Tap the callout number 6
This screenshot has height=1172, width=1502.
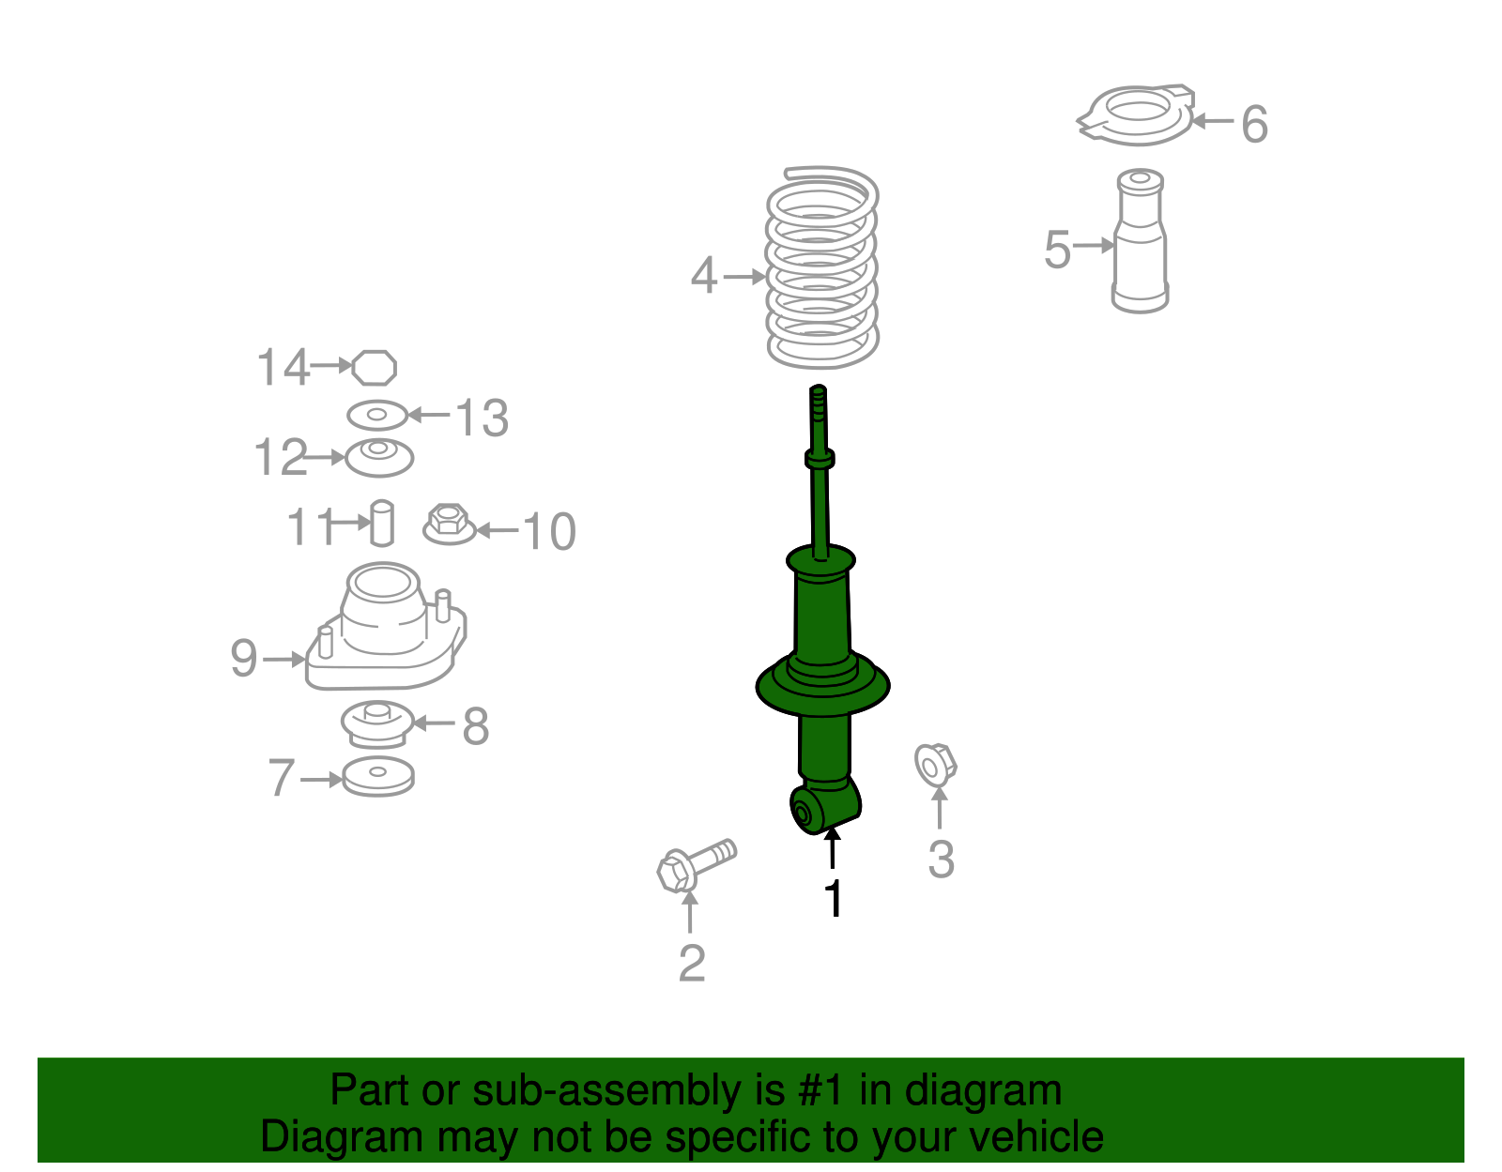1254,124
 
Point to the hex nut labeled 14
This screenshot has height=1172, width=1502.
375,367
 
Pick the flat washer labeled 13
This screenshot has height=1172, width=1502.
377,415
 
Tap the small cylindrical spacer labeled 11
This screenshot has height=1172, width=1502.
381,523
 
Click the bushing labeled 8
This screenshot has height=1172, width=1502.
376,724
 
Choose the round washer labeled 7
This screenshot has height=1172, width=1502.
377,777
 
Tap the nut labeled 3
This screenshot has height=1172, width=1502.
935,764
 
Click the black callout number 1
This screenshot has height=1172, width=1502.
833,899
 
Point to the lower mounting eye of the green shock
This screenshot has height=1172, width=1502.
805,811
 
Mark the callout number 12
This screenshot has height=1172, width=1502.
280,458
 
